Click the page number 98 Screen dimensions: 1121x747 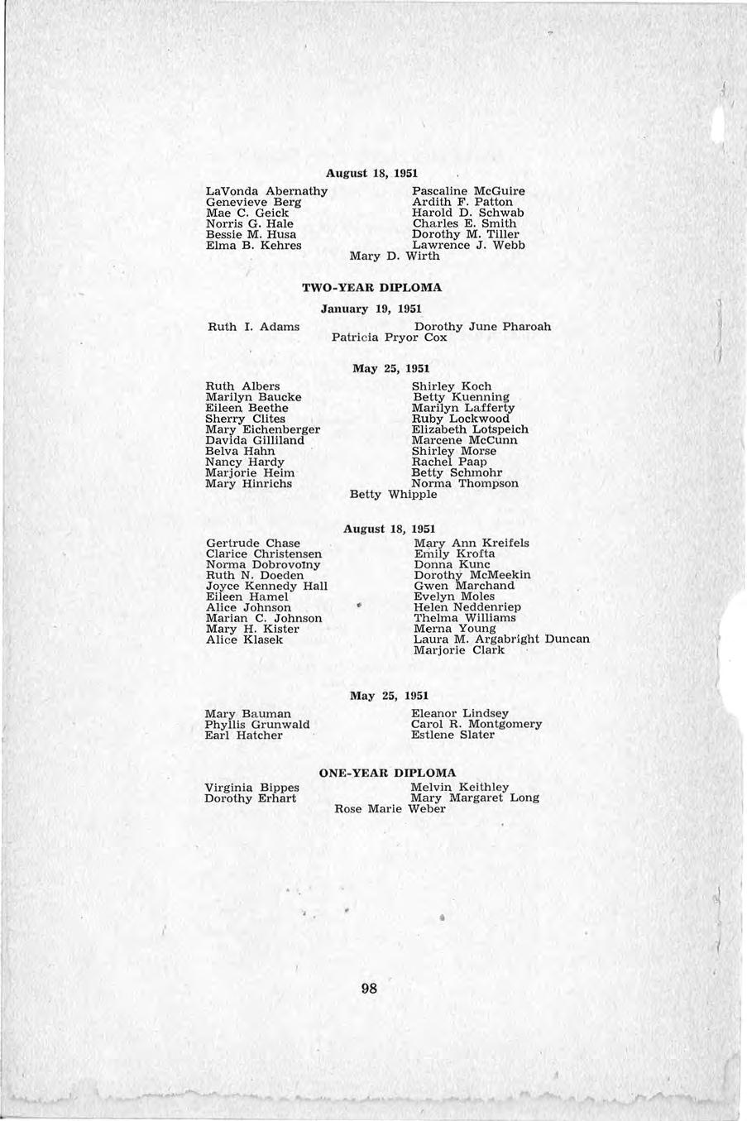pyautogui.click(x=370, y=988)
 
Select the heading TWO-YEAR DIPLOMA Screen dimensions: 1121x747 pyautogui.click(x=372, y=288)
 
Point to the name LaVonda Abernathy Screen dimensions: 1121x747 pyautogui.click(x=266, y=191)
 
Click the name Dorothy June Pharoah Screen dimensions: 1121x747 pyautogui.click(x=481, y=327)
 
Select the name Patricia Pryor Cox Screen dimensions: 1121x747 pyautogui.click(x=389, y=338)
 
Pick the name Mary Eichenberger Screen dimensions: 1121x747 pyautogui.click(x=262, y=429)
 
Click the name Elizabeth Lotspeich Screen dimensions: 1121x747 pyautogui.click(x=470, y=429)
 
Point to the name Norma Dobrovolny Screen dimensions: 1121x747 pyautogui.click(x=263, y=564)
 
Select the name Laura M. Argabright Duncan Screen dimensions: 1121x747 pyautogui.click(x=501, y=639)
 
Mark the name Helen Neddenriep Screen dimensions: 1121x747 pyautogui.click(x=467, y=607)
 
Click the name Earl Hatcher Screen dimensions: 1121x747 pyautogui.click(x=243, y=735)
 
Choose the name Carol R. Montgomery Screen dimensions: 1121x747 pyautogui.click(x=476, y=724)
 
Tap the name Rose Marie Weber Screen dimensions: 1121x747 pyautogui.click(x=390, y=809)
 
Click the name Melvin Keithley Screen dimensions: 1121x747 pyautogui.click(x=460, y=787)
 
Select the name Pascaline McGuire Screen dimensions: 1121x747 pyautogui.click(x=468, y=191)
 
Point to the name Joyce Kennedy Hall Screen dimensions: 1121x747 pyautogui.click(x=266, y=586)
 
